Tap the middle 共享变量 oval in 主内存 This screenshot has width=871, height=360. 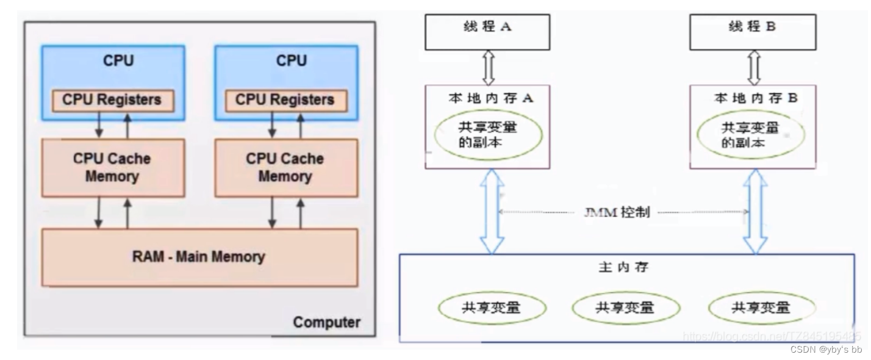625,307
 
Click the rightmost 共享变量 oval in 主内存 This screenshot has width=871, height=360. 761,307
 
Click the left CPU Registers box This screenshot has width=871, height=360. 113,99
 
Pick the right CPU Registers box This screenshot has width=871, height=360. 286,99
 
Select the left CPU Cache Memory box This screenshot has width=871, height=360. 113,167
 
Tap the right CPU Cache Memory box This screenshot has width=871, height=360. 286,167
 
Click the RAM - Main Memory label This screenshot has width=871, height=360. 199,256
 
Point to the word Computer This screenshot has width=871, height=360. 326,322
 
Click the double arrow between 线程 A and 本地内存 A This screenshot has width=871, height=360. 487,68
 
